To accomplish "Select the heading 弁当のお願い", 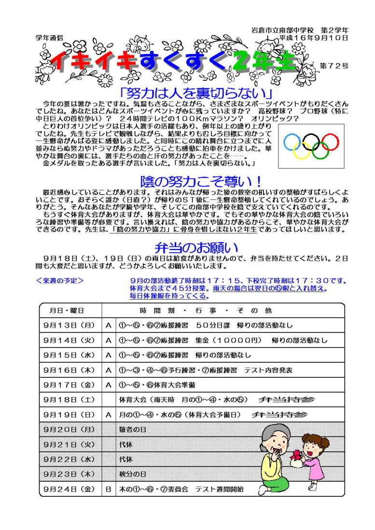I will point(196,248).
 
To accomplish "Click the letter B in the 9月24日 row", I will point(109,489).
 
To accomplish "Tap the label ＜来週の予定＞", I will point(60,280).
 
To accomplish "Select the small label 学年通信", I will point(49,37).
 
